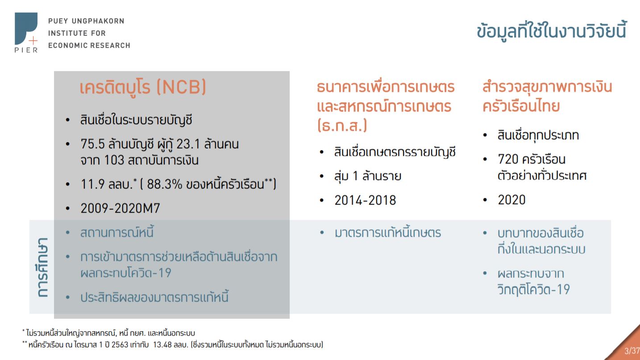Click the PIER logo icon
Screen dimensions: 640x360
click(26, 32)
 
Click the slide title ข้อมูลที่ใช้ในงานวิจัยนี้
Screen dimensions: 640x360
click(552, 30)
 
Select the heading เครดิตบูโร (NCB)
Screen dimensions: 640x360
click(142, 87)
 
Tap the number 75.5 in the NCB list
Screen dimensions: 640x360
click(92, 144)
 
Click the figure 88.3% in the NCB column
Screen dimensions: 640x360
click(164, 184)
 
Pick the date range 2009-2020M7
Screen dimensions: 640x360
click(121, 208)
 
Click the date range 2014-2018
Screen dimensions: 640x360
click(365, 200)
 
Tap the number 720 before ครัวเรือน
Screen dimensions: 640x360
click(508, 159)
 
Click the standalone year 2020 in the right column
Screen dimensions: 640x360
click(511, 200)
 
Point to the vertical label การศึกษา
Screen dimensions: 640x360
click(42, 267)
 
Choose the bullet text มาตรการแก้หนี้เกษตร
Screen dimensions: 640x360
click(388, 233)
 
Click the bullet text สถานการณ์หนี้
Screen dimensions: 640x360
click(117, 232)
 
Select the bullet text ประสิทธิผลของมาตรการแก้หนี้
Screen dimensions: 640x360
click(154, 297)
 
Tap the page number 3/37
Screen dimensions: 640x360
click(632, 351)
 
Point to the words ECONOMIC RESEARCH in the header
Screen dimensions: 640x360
click(89, 46)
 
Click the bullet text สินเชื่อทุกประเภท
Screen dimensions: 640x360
click(538, 135)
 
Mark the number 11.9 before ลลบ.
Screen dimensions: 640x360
click(92, 184)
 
